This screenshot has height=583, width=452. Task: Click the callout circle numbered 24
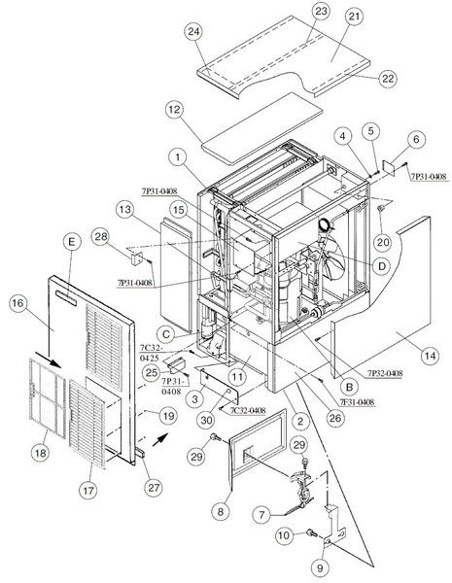click(x=193, y=32)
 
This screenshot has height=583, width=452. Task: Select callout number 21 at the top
click(x=355, y=17)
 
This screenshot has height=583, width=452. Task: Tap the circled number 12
click(x=174, y=110)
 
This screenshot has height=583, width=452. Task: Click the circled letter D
click(x=381, y=266)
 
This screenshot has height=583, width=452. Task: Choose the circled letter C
click(x=166, y=334)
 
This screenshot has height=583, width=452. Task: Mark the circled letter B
click(x=349, y=388)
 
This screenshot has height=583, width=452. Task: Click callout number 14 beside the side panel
click(x=430, y=356)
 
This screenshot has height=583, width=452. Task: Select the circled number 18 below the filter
click(x=40, y=453)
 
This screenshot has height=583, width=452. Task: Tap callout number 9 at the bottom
click(x=321, y=567)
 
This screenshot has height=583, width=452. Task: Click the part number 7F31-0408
click(x=357, y=402)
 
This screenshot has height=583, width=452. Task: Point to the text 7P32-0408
click(x=385, y=373)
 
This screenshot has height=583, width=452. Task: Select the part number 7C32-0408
click(x=248, y=410)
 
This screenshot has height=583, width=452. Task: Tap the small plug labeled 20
click(x=381, y=208)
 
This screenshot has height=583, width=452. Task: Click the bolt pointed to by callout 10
click(x=311, y=533)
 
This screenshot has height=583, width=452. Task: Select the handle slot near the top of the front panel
click(x=66, y=298)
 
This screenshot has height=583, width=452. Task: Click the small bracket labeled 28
click(x=136, y=257)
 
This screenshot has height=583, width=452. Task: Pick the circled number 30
click(x=206, y=420)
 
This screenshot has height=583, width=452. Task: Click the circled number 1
click(x=178, y=157)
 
